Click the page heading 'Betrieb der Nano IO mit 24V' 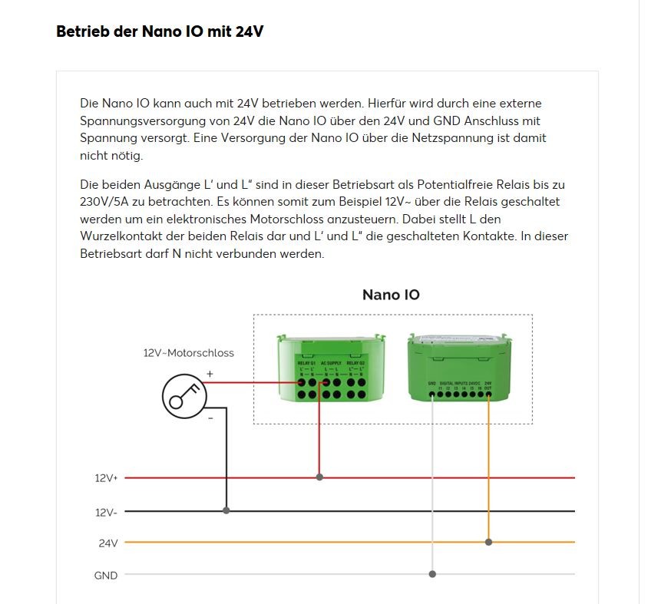tap(160, 32)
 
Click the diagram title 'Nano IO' tap(391, 295)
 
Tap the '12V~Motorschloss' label tap(189, 353)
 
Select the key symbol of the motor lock tap(185, 396)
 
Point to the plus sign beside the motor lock tap(210, 374)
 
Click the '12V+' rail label tap(106, 478)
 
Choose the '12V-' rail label tap(106, 512)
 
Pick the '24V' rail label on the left tap(108, 543)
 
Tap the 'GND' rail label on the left tap(106, 576)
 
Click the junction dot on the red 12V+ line tap(319, 477)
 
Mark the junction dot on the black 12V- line tap(226, 510)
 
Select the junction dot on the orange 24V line tap(488, 542)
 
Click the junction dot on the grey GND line tap(432, 574)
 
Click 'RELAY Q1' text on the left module tap(306, 363)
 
